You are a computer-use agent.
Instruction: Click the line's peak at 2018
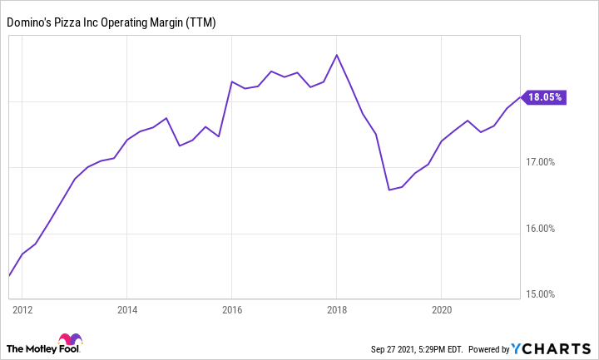point(336,55)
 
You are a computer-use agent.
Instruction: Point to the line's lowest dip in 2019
point(389,190)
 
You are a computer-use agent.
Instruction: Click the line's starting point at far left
point(8,275)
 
